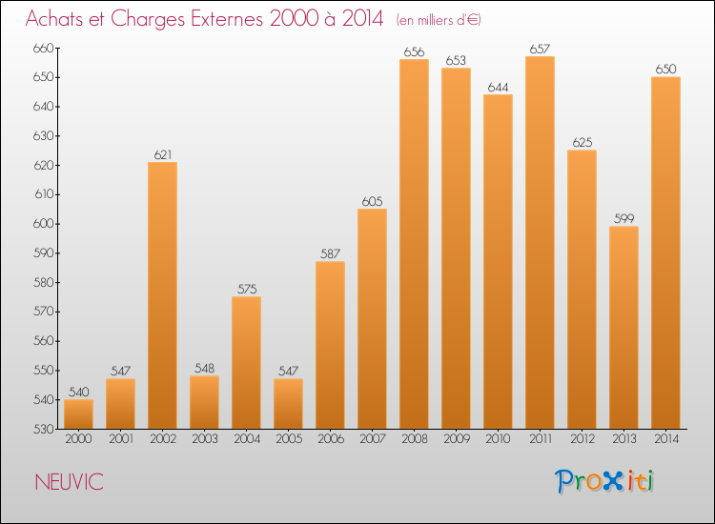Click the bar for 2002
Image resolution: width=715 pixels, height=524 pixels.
162,295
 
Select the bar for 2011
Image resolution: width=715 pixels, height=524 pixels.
540,243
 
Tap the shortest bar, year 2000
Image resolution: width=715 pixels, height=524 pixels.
78,414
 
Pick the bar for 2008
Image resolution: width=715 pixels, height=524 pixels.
414,244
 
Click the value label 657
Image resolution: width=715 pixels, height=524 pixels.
540,49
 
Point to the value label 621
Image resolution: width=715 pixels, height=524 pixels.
162,154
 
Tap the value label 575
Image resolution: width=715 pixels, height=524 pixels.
246,290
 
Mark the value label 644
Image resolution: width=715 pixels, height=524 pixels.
498,87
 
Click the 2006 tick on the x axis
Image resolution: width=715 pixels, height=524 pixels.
330,439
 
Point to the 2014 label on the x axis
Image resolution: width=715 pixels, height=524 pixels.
665,439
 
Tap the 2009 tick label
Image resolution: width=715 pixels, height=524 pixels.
456,439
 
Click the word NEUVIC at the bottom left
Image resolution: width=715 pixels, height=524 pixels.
69,483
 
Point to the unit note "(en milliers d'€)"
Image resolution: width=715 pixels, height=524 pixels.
439,20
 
